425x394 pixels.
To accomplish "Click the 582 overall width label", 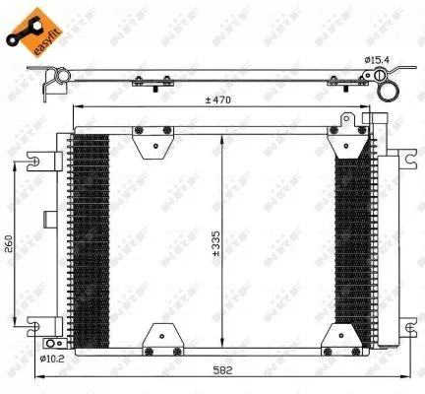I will [227, 371].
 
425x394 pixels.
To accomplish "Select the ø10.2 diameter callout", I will [51, 360].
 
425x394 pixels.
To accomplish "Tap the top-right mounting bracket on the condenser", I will [347, 141].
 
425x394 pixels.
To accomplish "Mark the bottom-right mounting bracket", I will [347, 337].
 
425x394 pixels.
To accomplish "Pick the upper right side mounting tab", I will [405, 158].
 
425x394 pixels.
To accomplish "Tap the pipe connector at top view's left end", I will [56, 83].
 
